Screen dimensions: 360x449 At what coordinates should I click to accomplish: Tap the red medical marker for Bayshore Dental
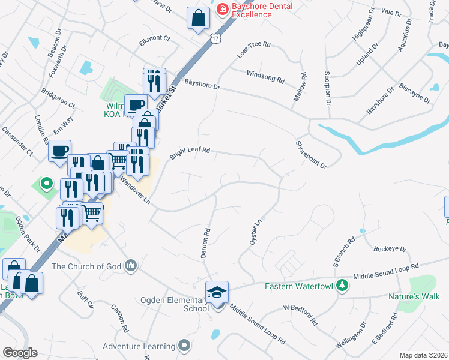click(x=222, y=9)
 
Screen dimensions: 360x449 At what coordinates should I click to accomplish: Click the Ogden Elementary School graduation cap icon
click(x=217, y=292)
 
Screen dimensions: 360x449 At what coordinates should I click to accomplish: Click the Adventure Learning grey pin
click(x=184, y=346)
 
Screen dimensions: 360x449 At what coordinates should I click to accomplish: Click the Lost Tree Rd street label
click(x=254, y=49)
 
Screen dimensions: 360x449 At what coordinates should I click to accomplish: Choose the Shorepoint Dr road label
click(x=310, y=155)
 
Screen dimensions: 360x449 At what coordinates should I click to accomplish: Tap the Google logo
click(x=20, y=353)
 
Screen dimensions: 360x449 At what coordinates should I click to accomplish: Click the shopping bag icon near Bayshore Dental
click(x=198, y=18)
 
